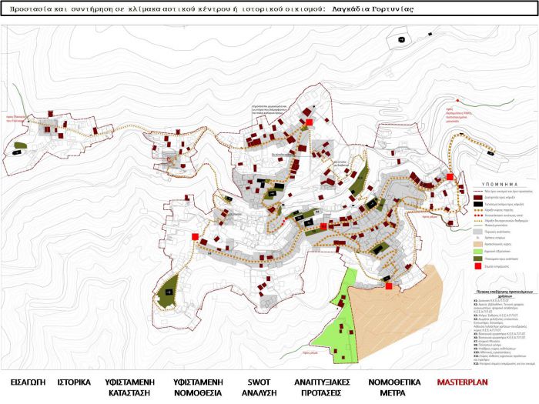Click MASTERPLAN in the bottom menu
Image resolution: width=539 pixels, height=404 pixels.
coord(466,360)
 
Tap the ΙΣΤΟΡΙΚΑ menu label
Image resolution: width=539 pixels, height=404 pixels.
coord(75,360)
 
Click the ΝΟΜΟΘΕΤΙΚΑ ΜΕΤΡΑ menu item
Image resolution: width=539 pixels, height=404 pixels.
coord(393,366)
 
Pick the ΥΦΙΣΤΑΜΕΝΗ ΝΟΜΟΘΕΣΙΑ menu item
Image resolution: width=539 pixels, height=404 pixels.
coord(193,366)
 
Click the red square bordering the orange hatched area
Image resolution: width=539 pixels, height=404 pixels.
coord(389,286)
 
